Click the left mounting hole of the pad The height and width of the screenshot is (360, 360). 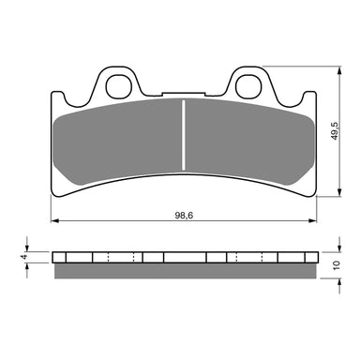coord(118,87)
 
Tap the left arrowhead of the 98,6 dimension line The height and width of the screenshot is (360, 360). coord(52,221)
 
